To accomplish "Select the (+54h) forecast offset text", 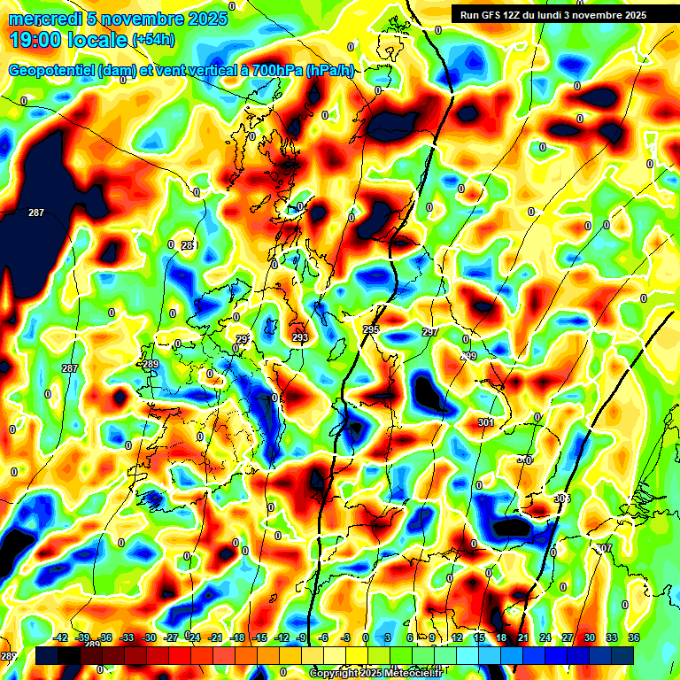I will [x=152, y=40].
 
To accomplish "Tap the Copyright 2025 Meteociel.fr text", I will [x=375, y=673].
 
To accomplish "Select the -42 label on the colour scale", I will [x=61, y=637].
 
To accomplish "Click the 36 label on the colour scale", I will [x=633, y=637].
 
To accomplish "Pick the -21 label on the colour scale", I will [x=215, y=637].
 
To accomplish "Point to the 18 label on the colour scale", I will [x=500, y=637].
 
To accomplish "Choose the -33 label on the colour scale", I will [x=127, y=637].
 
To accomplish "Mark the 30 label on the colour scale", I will [x=589, y=637].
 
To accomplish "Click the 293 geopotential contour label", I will [x=300, y=337].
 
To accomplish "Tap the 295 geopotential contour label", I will [x=371, y=329].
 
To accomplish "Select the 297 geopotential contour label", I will [x=430, y=332].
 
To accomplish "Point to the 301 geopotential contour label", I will [x=485, y=422].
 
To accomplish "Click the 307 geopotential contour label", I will [x=604, y=549].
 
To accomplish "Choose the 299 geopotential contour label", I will [x=469, y=356].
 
